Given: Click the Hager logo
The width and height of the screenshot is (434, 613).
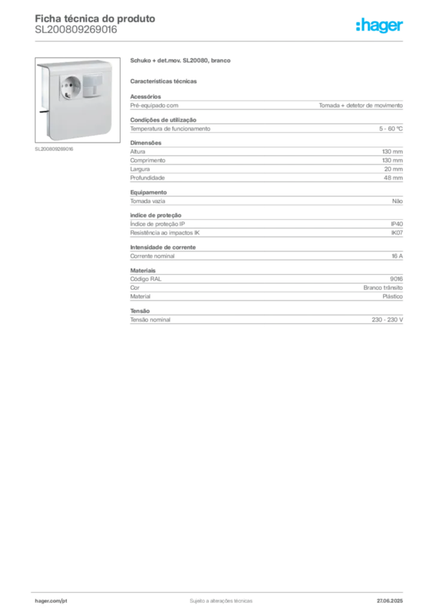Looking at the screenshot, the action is (379, 25).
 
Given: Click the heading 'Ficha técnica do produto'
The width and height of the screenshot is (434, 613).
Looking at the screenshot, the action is (95, 19).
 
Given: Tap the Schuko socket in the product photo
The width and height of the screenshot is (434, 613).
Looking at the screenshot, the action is (71, 87).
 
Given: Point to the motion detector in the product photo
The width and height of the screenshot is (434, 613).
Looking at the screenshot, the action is (92, 85).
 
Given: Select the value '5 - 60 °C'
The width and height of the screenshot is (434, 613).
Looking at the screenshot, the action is (391, 129).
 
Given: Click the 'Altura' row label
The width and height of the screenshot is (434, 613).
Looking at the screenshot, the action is (138, 151).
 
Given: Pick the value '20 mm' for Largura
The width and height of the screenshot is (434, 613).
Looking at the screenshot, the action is (393, 169).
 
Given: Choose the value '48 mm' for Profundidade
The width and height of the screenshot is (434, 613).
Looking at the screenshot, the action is (393, 178).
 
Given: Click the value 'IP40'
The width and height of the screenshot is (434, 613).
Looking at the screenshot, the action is (397, 224).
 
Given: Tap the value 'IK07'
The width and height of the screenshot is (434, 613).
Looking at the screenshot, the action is (397, 233).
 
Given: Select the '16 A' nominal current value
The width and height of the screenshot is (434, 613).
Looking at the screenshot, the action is (397, 256).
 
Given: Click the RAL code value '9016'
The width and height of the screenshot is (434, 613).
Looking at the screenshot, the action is (396, 279).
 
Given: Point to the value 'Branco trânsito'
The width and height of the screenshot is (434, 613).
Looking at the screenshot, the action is (382, 288).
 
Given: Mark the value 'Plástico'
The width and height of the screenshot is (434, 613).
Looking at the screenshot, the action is (393, 296).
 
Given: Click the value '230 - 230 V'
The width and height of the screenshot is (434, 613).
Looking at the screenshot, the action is (387, 320).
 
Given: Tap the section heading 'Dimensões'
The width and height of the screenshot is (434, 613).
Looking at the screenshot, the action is (146, 142).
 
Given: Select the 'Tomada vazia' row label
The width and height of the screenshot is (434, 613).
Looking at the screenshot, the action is (147, 201).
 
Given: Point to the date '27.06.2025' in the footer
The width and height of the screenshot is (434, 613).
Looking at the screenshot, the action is (390, 601).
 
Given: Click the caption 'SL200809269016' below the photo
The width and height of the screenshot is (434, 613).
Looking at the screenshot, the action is (54, 149).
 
